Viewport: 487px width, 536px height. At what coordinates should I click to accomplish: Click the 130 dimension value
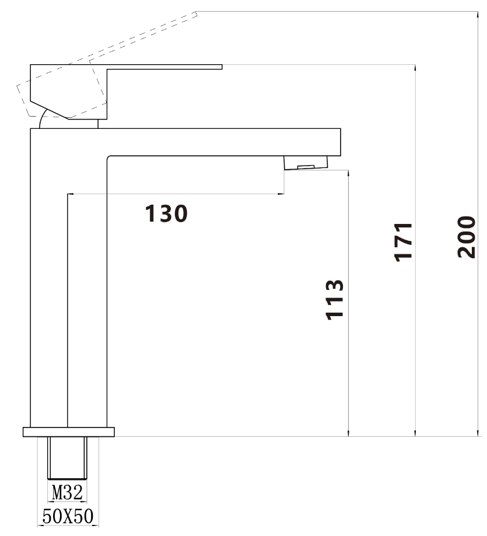[x=166, y=213]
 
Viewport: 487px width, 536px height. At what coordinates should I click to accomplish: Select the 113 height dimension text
[x=334, y=300]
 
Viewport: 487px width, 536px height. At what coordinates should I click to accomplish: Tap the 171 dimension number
[x=403, y=242]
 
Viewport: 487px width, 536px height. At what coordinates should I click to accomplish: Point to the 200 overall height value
[x=466, y=237]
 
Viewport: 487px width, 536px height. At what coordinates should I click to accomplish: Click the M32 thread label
[x=67, y=493]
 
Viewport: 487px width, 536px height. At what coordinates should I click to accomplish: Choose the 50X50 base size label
[x=68, y=516]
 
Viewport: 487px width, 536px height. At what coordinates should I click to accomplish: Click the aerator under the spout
[x=306, y=163]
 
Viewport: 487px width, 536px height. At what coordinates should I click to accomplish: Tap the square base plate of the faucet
[x=69, y=432]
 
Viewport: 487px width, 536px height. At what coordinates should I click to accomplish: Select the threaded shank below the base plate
[x=67, y=458]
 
